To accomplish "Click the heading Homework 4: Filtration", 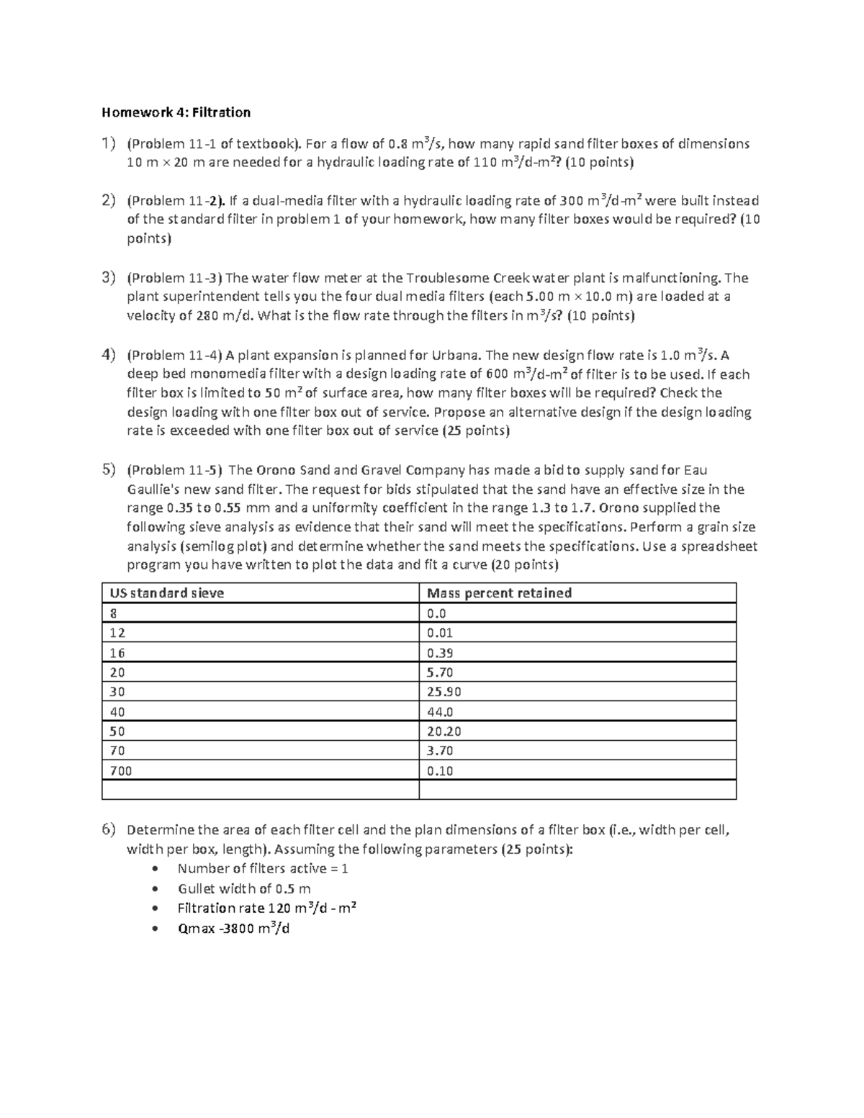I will [x=176, y=112].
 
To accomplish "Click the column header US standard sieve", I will [x=166, y=593].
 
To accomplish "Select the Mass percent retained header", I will [x=499, y=593].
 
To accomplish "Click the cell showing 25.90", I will [x=444, y=693].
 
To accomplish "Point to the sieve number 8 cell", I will [x=112, y=614].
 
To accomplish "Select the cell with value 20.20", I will [x=444, y=731].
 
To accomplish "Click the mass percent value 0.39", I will [x=440, y=653].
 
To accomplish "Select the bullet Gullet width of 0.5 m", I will [x=244, y=888].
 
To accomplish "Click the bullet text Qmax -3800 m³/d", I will [x=233, y=928].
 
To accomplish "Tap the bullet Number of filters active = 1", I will [x=263, y=869].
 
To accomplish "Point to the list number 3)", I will [x=108, y=278].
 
